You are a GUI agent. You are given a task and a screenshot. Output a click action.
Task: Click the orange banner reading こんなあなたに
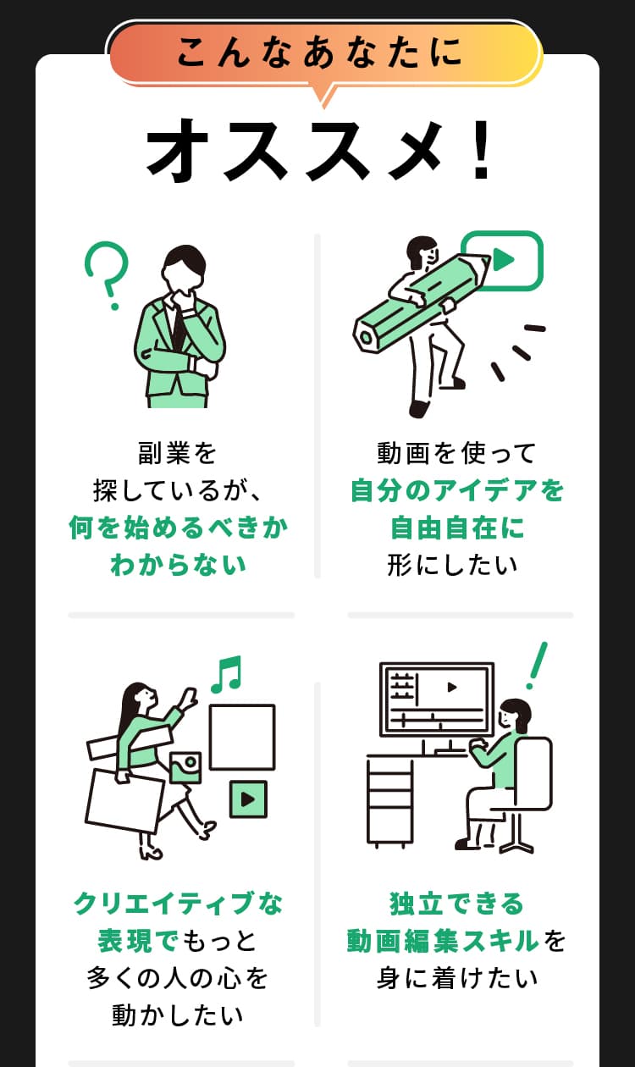point(322,53)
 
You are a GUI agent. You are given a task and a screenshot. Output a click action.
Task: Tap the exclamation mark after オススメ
point(482,150)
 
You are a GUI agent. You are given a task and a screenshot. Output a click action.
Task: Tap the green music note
point(226,674)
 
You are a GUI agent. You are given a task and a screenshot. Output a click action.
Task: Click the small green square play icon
point(248,799)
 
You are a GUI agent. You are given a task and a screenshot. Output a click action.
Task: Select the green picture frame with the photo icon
point(185,766)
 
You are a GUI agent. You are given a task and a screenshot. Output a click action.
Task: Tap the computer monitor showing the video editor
point(437,699)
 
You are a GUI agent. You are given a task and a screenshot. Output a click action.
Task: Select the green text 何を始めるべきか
point(179,528)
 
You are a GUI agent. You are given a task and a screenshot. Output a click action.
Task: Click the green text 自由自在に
point(457,528)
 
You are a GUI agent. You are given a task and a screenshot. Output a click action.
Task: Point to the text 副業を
point(178,453)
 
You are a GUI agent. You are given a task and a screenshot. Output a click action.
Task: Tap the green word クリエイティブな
point(179,904)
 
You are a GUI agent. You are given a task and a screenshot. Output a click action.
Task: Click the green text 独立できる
point(457,904)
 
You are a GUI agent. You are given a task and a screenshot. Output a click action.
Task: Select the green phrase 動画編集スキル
point(443,941)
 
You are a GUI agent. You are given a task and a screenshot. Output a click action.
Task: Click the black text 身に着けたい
point(457,979)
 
